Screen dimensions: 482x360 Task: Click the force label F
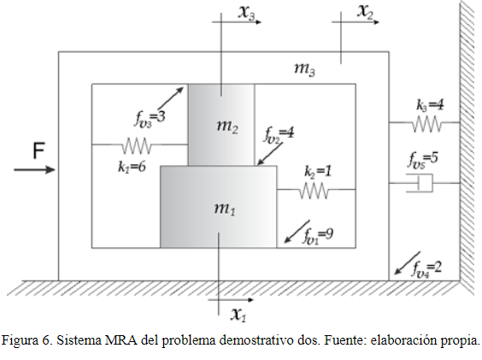tap(38, 150)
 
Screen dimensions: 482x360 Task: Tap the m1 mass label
tap(225, 209)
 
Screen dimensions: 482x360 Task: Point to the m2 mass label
tap(227, 127)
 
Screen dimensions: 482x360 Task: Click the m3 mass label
tap(304, 68)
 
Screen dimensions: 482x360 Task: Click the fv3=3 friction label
tap(150, 118)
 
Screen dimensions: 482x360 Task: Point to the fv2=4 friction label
tap(279, 134)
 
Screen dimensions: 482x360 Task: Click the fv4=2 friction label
tap(426, 269)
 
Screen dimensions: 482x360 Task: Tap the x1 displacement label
tap(238, 314)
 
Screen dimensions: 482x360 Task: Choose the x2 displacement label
tap(365, 12)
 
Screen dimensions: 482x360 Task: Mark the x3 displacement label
tap(247, 14)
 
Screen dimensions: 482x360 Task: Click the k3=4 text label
tap(430, 105)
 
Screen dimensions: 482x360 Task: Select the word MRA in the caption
tap(121, 340)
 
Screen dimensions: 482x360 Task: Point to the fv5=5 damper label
tap(423, 159)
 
